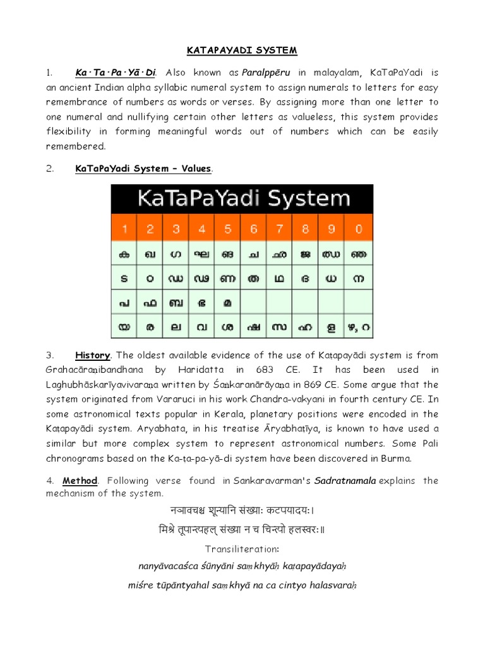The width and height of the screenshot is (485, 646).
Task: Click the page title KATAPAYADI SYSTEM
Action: click(242, 50)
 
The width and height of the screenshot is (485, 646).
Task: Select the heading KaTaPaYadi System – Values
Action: click(143, 168)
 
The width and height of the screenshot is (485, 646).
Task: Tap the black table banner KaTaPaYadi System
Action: click(242, 199)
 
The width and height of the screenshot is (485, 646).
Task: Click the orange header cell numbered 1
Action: click(124, 229)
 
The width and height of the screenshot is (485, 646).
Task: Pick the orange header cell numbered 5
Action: click(227, 229)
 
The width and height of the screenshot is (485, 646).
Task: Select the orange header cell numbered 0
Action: click(357, 229)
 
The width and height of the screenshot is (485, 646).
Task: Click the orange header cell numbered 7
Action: click(279, 229)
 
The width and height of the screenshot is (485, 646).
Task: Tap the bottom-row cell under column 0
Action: click(357, 327)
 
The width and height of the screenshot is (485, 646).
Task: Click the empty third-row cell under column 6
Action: click(253, 302)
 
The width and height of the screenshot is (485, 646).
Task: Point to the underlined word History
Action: click(93, 355)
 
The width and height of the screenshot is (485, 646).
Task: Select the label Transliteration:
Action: click(242, 549)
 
